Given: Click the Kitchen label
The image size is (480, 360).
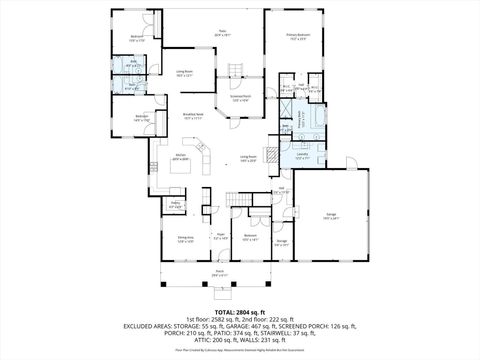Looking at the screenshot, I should tap(181, 158).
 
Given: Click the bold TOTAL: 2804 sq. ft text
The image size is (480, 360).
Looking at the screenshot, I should tap(239, 311).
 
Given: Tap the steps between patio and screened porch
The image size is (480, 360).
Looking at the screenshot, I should tap(237, 70).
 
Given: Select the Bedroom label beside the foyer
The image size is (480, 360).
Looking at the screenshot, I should tap(251, 238).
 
